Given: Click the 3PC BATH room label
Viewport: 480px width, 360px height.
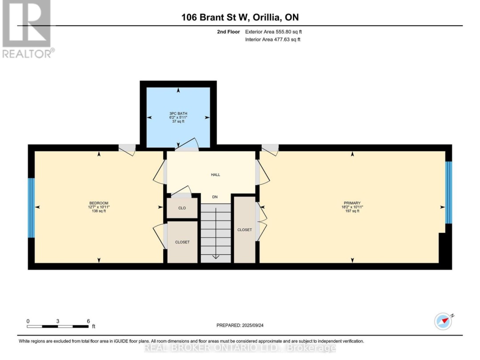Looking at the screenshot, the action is (x=178, y=114).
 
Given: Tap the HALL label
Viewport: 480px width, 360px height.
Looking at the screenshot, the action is (x=216, y=175).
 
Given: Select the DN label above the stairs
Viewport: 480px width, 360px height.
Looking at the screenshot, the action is (x=215, y=197).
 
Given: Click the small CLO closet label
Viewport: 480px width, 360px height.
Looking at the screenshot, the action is (x=182, y=208).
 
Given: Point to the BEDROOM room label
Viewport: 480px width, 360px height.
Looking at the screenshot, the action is (x=99, y=203).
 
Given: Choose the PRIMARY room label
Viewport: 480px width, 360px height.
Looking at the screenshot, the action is (x=352, y=203).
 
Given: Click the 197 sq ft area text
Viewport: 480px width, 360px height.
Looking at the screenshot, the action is (x=352, y=211).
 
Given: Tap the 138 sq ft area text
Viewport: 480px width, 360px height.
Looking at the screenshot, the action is (x=99, y=211).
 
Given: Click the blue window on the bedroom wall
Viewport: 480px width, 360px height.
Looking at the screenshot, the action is (x=31, y=208).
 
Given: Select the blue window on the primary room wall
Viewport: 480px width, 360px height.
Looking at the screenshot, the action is (x=448, y=192).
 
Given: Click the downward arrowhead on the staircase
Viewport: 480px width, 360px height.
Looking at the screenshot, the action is (x=216, y=256).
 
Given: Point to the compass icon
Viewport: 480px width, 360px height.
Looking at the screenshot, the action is (x=443, y=321).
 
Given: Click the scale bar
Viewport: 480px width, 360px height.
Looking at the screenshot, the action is (x=58, y=327).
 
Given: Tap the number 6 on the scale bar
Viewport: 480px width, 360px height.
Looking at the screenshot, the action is (x=88, y=321).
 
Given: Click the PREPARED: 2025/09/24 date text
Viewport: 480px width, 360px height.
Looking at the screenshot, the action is (x=240, y=325).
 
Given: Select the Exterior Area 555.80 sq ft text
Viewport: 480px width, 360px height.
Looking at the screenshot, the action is (x=273, y=32).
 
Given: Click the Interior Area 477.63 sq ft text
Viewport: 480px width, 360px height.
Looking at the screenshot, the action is (x=273, y=40).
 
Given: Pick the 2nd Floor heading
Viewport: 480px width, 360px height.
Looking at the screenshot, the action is (x=228, y=32).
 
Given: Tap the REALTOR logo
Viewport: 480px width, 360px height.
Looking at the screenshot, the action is (x=27, y=29).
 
